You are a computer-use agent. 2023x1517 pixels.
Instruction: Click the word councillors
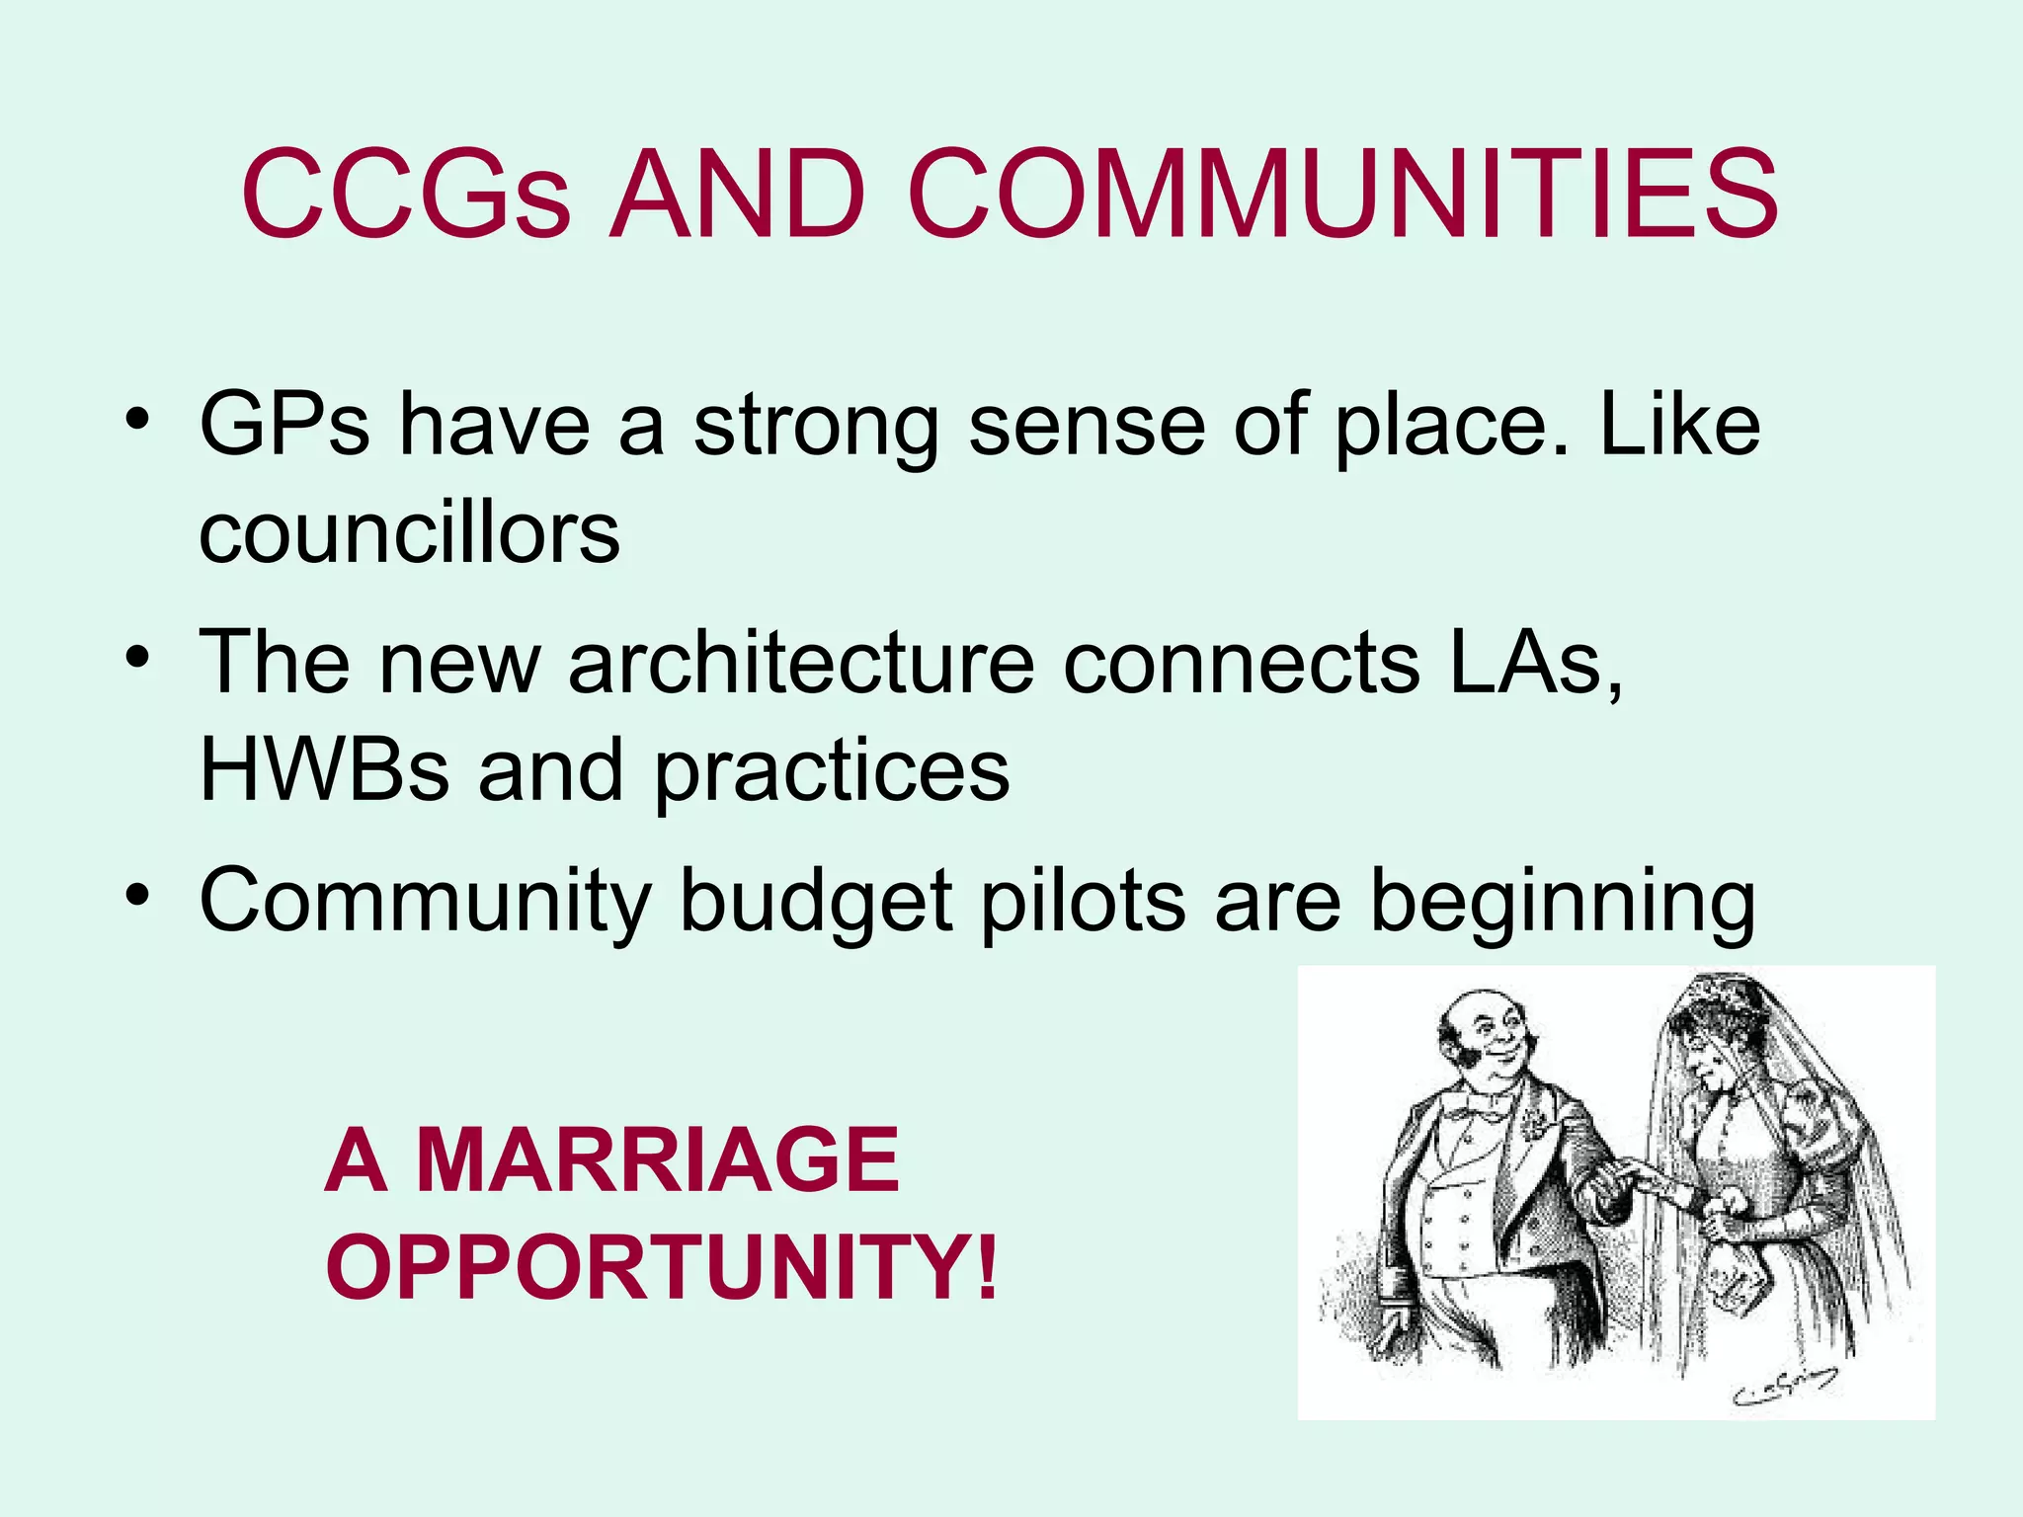click(x=409, y=533)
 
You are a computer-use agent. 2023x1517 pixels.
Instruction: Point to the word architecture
click(x=801, y=663)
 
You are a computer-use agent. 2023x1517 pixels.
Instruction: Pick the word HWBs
click(x=324, y=770)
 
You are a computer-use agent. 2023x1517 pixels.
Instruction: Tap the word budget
click(x=816, y=902)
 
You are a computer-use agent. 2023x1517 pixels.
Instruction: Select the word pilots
click(x=1083, y=900)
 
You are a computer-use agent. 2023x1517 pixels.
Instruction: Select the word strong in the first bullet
click(x=816, y=427)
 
